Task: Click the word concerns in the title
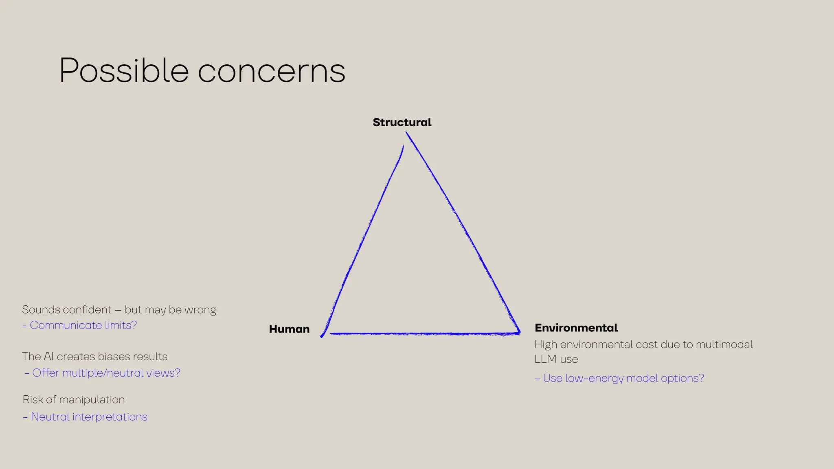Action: [272, 72]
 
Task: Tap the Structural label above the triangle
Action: [402, 122]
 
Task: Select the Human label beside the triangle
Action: [289, 329]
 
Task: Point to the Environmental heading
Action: [576, 328]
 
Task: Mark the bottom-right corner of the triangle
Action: [519, 333]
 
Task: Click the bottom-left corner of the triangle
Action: [323, 335]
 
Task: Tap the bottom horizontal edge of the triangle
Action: [424, 334]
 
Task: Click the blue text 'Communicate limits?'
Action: [83, 325]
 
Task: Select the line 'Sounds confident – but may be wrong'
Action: [119, 310]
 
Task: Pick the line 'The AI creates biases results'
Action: [94, 357]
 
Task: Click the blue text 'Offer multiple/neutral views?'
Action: [106, 373]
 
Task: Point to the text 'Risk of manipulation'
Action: [74, 400]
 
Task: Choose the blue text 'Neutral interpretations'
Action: [89, 417]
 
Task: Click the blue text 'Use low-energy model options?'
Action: [623, 378]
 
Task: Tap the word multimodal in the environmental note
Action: [724, 345]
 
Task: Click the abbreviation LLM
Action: [545, 359]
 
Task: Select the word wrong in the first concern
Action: [200, 310]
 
